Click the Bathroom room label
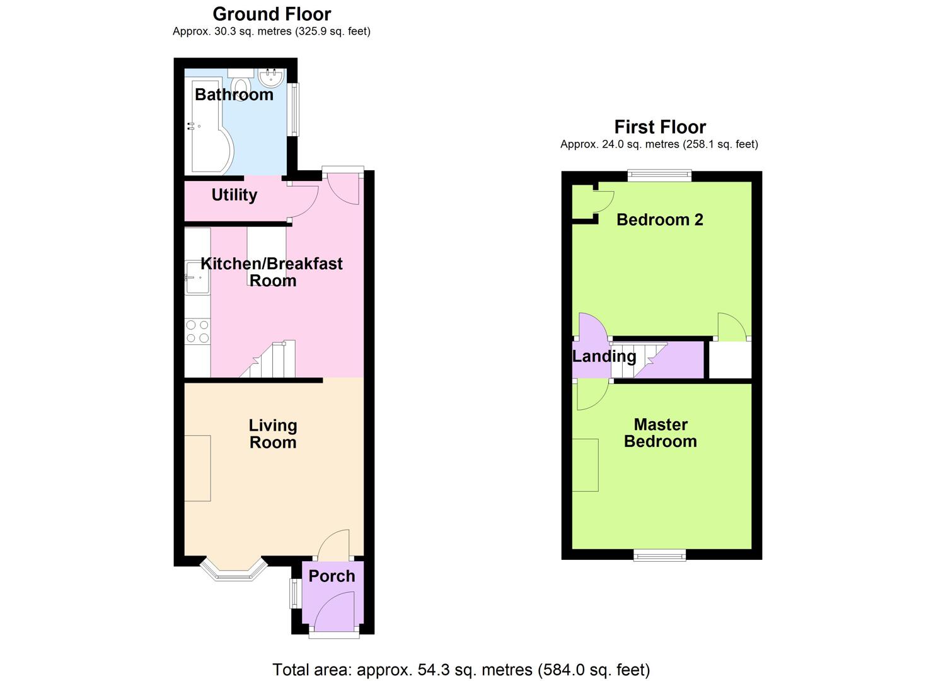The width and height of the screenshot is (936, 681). pos(234,95)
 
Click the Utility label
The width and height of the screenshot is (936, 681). pos(234,195)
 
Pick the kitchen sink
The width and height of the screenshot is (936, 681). pos(197,277)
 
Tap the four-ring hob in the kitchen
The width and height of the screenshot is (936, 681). pos(197,332)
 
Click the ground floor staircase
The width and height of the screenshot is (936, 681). pos(271,361)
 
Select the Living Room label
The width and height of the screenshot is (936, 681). pos(272,434)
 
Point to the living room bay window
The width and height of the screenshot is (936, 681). pos(234,569)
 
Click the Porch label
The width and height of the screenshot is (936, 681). pos(332,576)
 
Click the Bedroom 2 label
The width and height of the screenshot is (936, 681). pos(659,219)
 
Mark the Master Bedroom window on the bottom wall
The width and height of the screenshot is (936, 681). pos(659,555)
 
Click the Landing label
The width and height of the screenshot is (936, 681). pos(604,356)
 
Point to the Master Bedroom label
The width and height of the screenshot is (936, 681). pos(660,433)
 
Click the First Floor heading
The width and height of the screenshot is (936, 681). pos(659,127)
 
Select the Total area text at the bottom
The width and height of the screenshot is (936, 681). pos(461,669)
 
